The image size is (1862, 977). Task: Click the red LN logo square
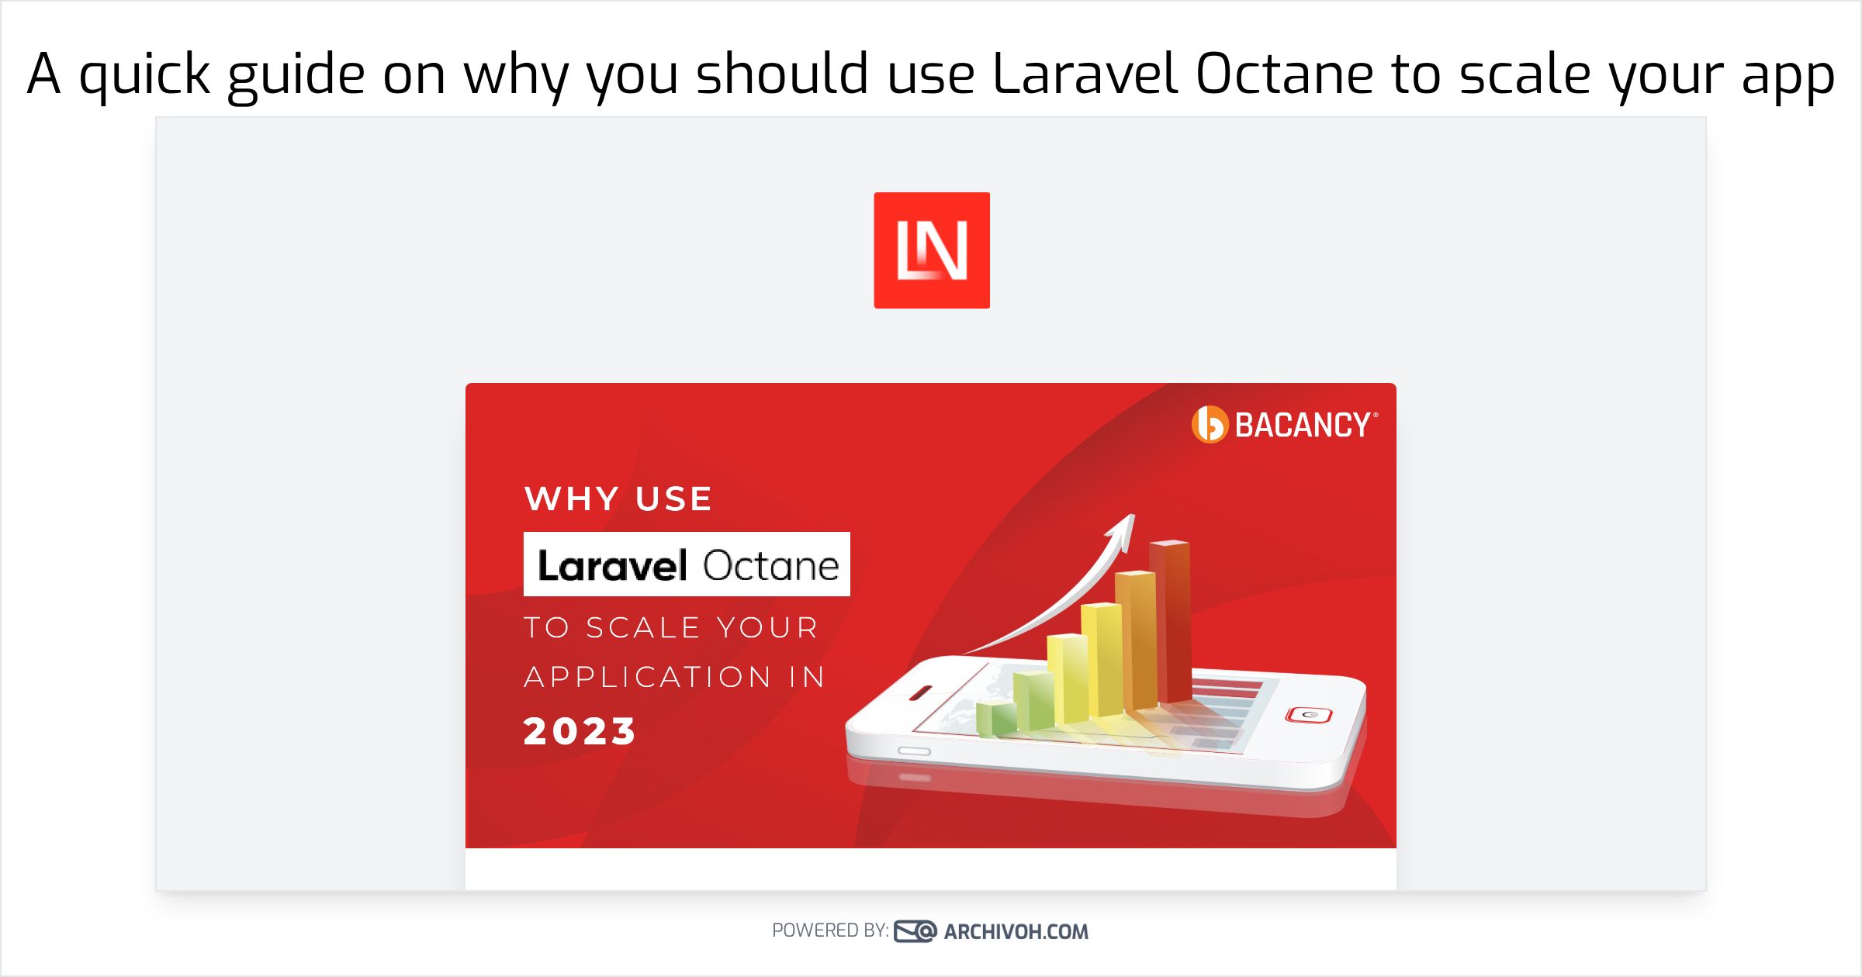click(932, 250)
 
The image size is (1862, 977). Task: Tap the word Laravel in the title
click(1085, 74)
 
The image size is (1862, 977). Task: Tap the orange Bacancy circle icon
click(1210, 425)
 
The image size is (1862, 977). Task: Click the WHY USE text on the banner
click(618, 499)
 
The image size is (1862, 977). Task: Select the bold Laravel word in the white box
click(613, 565)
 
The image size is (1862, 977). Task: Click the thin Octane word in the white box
click(771, 565)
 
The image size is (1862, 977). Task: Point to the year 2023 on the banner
click(580, 731)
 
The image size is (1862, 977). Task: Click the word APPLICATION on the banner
click(648, 677)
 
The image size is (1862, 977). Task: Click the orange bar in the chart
click(1136, 640)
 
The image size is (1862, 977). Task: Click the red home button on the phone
click(1309, 714)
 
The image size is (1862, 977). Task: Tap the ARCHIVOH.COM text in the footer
click(1016, 931)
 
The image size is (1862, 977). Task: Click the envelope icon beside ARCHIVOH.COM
click(915, 931)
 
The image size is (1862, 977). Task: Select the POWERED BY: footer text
click(830, 930)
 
